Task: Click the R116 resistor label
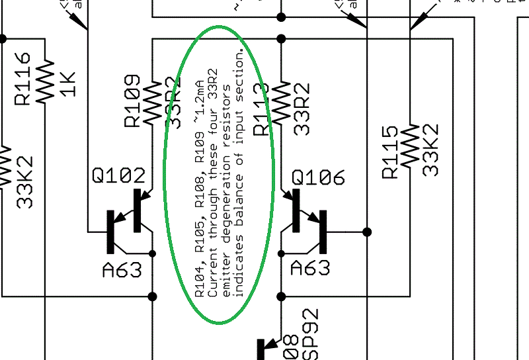coord(22,79)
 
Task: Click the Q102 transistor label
coord(119,176)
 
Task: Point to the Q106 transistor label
coord(318,178)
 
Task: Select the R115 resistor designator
coord(391,152)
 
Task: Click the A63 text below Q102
coord(122,270)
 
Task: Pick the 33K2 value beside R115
coord(430,150)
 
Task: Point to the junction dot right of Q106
coord(367,232)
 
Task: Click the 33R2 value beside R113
coord(301,106)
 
